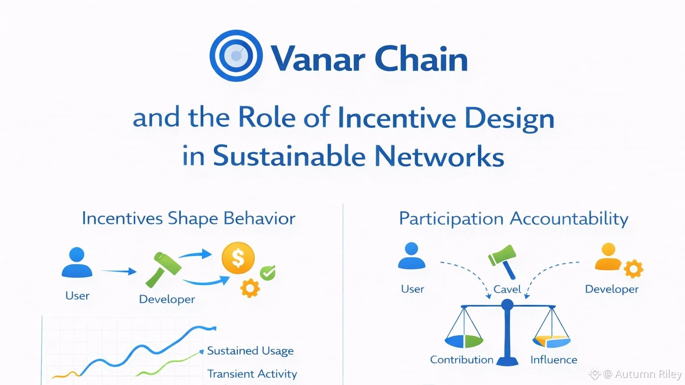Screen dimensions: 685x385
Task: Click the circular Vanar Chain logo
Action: coord(236,56)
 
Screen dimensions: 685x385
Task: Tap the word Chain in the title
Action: coord(421,59)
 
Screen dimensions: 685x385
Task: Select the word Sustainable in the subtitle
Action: coord(289,156)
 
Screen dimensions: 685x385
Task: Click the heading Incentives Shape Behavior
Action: coord(188,218)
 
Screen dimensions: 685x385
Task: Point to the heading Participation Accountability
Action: coord(513,218)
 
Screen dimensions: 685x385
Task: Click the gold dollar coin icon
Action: coord(238,258)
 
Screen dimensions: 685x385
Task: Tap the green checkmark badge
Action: coord(268,272)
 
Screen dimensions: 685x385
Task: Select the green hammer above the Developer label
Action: coord(164,269)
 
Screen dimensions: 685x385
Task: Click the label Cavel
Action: coord(507,289)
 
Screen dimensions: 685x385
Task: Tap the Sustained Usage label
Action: coord(250,351)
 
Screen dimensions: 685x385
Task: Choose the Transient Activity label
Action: coord(252,373)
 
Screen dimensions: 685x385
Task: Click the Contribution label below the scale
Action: coord(462,360)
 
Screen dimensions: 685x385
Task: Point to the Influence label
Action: coord(553,360)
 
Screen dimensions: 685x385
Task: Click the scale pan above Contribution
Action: coord(464,341)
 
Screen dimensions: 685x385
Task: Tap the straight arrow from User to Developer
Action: coord(118,271)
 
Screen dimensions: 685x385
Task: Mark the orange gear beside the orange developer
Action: coord(633,269)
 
